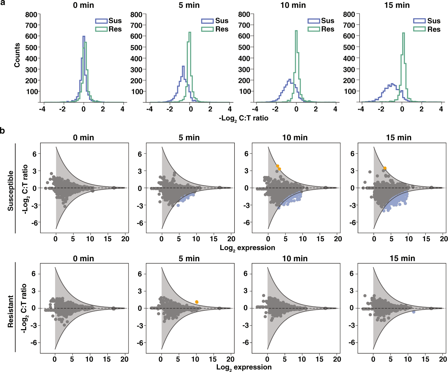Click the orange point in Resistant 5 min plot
pyautogui.click(x=197, y=302)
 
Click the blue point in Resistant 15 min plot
pyautogui.click(x=414, y=312)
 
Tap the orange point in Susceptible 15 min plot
pyautogui.click(x=385, y=168)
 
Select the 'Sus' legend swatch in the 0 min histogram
pyautogui.click(x=101, y=21)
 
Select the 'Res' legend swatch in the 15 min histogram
pyautogui.click(x=419, y=29)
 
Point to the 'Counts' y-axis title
pyautogui.click(x=17, y=55)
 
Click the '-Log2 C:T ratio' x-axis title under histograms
pyautogui.click(x=243, y=118)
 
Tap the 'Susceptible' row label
pyautogui.click(x=10, y=191)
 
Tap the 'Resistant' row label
pyautogui.click(x=10, y=311)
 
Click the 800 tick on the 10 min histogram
pyautogui.click(x=244, y=14)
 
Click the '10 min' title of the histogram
pyautogui.click(x=293, y=5)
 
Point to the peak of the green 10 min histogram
pyautogui.click(x=296, y=31)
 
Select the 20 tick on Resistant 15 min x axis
pyautogui.click(x=443, y=359)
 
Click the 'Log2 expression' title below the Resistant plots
pyautogui.click(x=244, y=367)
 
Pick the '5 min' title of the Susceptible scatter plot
pyautogui.click(x=189, y=137)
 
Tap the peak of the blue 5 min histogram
pyautogui.click(x=183, y=66)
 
